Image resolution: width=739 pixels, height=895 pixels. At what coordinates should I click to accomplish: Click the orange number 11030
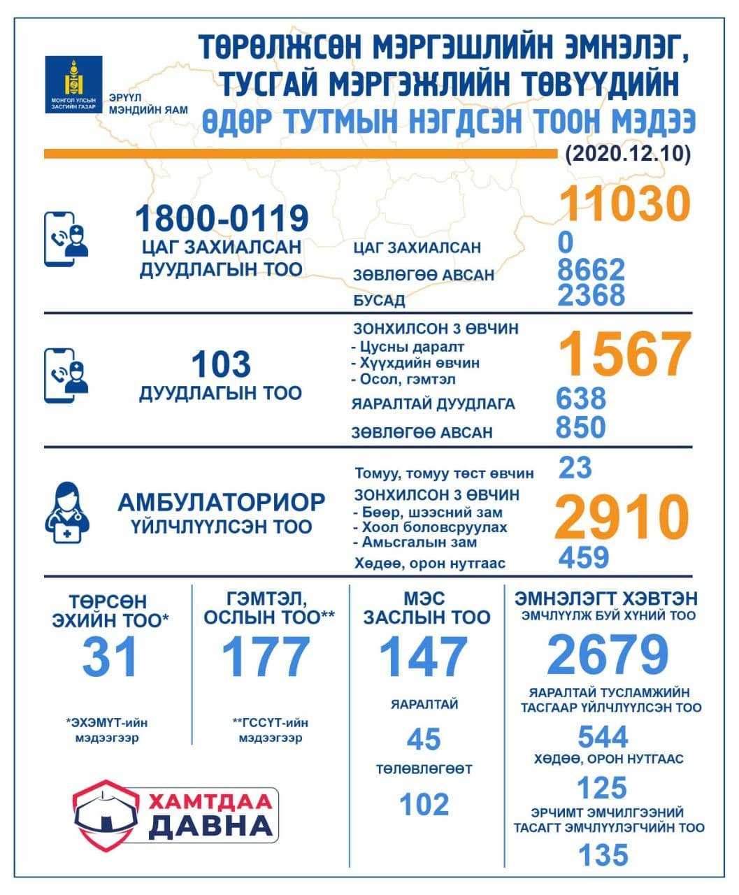626,203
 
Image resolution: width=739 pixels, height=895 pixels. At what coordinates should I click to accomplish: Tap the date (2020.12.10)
627,153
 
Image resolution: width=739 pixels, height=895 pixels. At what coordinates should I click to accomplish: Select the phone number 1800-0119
222,218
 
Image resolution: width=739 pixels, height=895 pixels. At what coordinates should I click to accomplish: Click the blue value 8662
591,269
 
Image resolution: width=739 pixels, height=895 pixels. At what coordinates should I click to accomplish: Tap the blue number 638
580,399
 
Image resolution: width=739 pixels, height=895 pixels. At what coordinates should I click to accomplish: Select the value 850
580,427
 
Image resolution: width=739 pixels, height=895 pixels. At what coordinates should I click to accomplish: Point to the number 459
584,557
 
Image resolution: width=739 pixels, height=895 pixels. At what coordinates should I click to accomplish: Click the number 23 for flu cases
575,468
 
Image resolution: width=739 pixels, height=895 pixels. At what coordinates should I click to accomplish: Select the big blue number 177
266,657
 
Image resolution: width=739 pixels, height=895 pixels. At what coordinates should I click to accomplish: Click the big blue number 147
424,657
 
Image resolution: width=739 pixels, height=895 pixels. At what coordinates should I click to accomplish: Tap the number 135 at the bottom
603,855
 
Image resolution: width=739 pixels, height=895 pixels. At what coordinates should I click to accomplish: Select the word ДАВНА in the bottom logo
210,826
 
